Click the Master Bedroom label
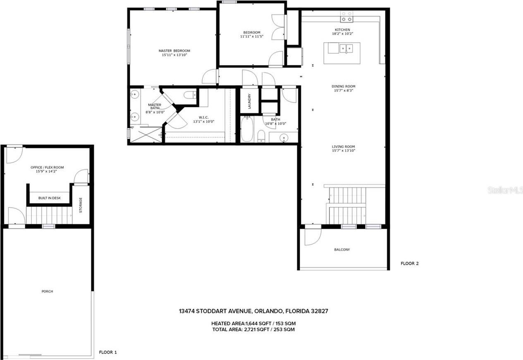tap(174, 51)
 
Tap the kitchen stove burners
tap(346, 17)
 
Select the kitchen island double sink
tap(346, 48)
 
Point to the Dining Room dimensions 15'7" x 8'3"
tap(343, 90)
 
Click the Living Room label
tap(343, 146)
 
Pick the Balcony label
tap(342, 250)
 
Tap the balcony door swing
tap(313, 237)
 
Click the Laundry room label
tap(249, 101)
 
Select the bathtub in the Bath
tap(247, 129)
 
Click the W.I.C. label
tap(203, 117)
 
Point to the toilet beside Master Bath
tap(190, 95)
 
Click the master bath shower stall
tap(146, 134)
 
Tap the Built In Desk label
tap(50, 198)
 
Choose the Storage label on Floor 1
tap(81, 205)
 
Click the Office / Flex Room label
tap(47, 167)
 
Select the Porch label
tap(47, 291)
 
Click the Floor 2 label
tap(410, 263)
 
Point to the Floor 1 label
tap(108, 352)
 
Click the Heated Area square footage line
tap(253, 324)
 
